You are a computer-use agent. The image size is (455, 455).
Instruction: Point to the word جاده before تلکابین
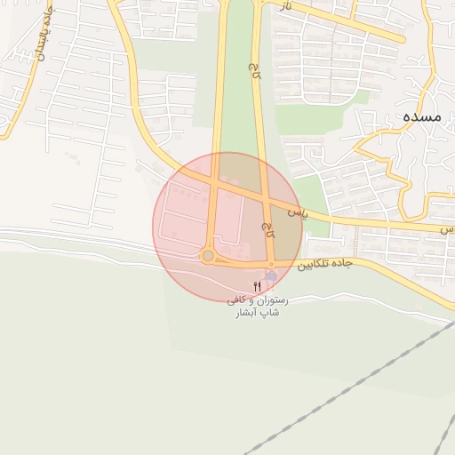click(x=343, y=264)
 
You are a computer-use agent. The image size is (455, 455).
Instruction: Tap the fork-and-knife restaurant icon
click(x=258, y=285)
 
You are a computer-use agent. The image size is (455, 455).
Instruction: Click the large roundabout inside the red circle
click(x=208, y=256)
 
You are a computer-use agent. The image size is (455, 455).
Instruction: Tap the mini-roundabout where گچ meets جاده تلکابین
click(x=271, y=264)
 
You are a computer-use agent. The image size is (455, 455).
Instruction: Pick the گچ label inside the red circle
click(x=267, y=231)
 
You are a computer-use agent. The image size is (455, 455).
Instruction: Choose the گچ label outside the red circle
click(x=255, y=67)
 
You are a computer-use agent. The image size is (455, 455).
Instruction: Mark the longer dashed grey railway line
click(x=347, y=391)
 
